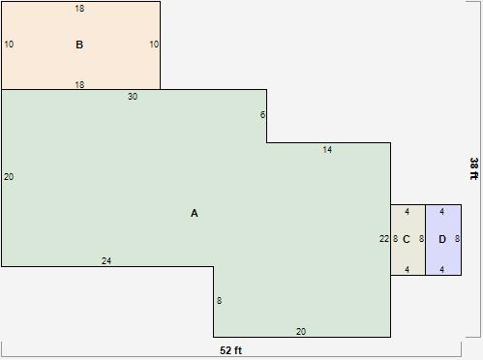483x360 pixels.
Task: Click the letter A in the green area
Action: (x=195, y=213)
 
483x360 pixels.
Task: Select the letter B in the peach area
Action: (x=79, y=45)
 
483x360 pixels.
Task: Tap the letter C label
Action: (x=407, y=239)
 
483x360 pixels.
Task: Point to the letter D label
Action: (x=442, y=239)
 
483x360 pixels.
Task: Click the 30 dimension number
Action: (x=133, y=97)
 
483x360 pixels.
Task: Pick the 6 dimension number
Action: (x=262, y=115)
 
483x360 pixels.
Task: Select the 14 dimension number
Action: (x=327, y=150)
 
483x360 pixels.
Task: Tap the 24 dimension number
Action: (x=106, y=261)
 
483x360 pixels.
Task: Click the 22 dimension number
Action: (x=384, y=238)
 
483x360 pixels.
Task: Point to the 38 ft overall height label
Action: (x=473, y=167)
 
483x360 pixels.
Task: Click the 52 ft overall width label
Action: (x=231, y=350)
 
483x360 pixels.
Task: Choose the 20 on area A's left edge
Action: (x=9, y=177)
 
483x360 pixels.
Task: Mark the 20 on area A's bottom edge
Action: (x=301, y=332)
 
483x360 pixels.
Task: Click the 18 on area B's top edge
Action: (x=79, y=9)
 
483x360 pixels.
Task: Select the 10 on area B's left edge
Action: (x=9, y=45)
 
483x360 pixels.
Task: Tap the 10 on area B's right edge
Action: (x=154, y=45)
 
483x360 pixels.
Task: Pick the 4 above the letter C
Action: (x=408, y=211)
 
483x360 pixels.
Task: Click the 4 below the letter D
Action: (x=442, y=270)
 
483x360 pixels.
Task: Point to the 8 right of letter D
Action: (x=457, y=238)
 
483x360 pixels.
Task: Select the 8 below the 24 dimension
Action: (x=220, y=301)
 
